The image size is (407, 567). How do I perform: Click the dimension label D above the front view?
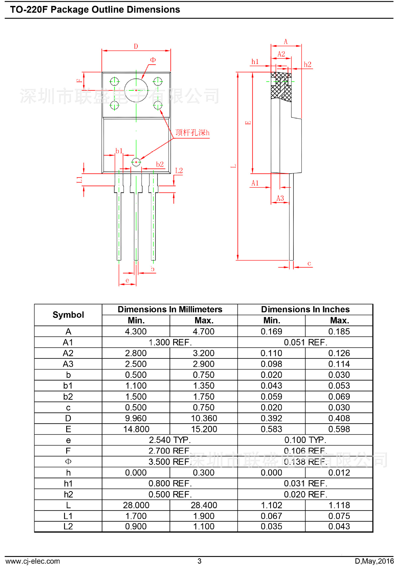coord(136,46)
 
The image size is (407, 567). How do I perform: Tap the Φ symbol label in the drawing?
coord(153,60)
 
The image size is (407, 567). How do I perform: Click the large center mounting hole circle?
coord(136,90)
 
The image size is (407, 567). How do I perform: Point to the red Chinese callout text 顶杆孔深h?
coord(192,133)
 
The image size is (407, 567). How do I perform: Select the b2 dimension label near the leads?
coord(160,164)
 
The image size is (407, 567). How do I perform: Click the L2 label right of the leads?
coord(179,171)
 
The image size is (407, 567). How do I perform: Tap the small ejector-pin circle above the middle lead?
coord(136,162)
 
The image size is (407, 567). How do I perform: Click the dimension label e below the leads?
coord(127,280)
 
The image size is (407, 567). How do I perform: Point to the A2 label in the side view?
coord(281,54)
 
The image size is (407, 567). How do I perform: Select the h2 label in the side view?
coord(307,65)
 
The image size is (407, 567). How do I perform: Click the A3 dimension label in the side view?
coord(280,198)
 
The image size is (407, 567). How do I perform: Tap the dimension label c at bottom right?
coord(309,263)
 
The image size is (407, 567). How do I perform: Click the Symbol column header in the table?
coord(68,315)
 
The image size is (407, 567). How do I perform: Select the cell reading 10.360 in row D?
coord(204,418)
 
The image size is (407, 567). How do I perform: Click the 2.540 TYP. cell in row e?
coord(170,440)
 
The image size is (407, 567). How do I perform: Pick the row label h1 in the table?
coord(68,483)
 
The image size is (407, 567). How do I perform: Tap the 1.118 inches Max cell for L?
coord(339,505)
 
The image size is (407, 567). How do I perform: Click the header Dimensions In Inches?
coord(305,309)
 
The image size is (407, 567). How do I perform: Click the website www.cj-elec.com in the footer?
coord(33,561)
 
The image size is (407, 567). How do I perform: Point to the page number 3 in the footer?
coord(200,561)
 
